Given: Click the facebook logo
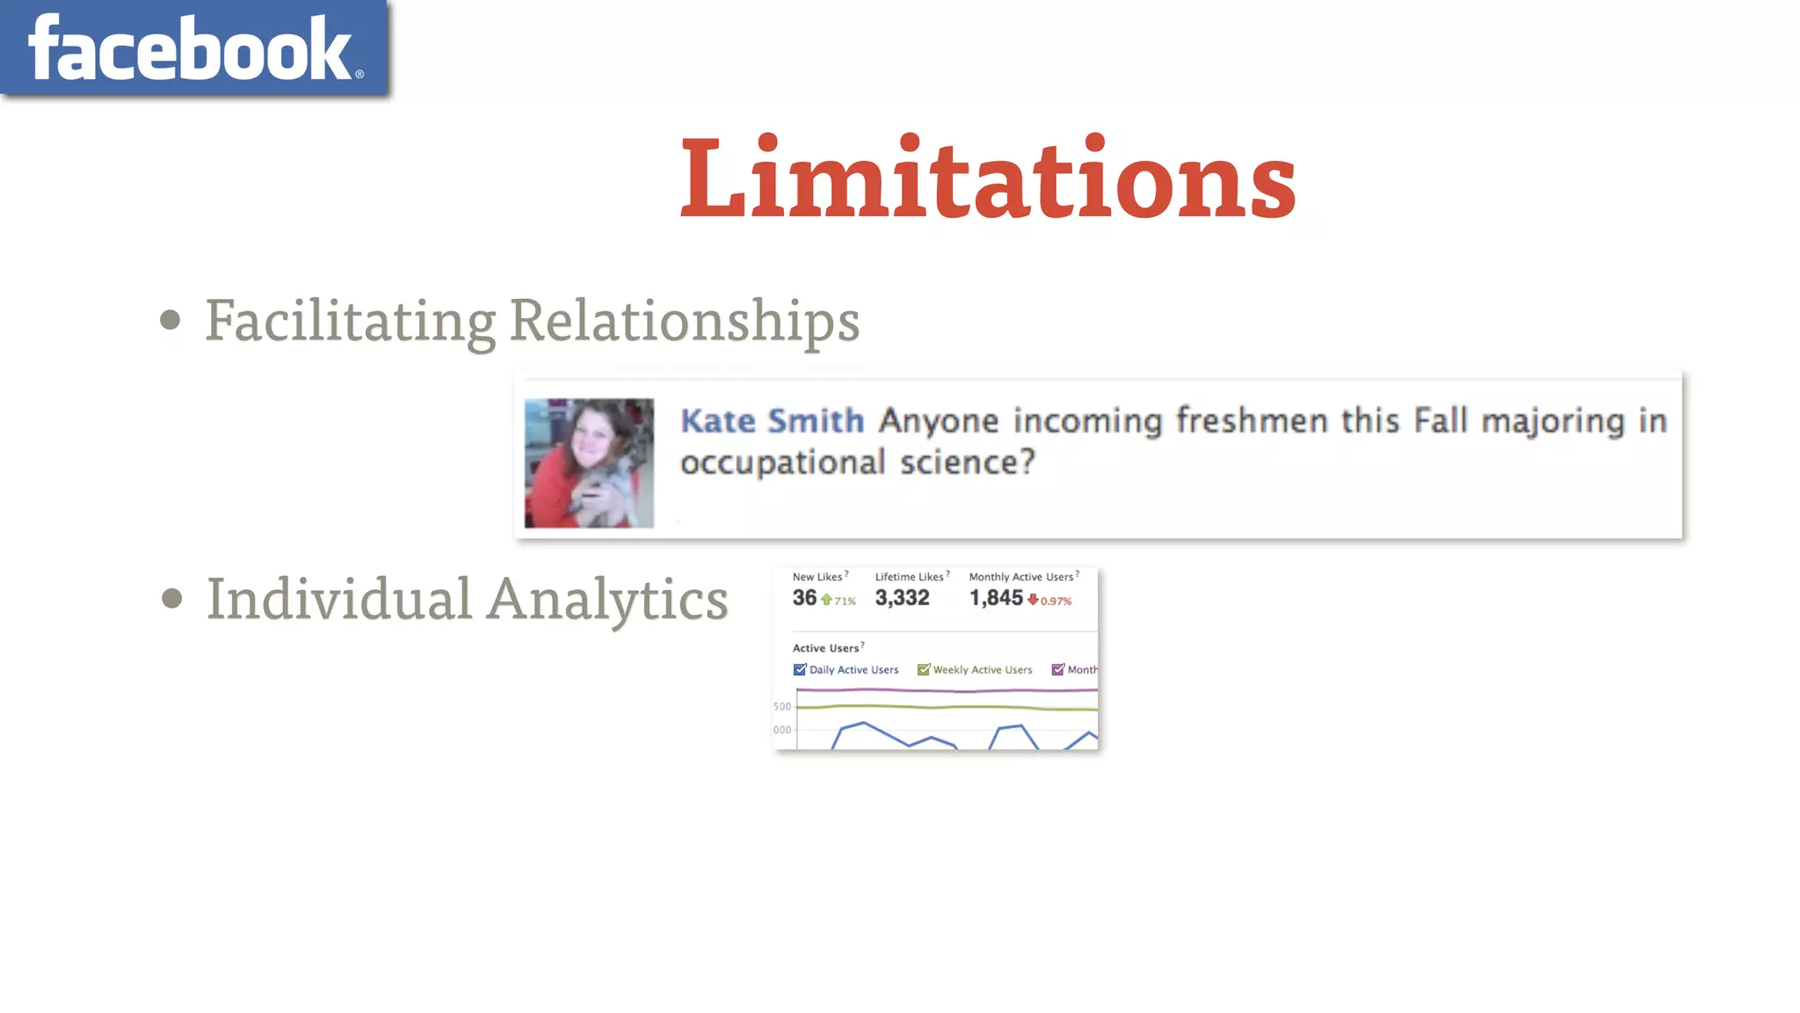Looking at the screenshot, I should click(x=193, y=48).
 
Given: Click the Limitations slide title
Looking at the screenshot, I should click(x=988, y=179).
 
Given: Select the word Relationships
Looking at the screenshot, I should click(x=684, y=322).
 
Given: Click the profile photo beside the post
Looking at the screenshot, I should click(x=589, y=463).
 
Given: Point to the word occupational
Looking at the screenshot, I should click(x=782, y=463).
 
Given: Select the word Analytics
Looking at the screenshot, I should click(x=607, y=601).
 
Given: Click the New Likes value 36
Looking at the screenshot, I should click(x=804, y=598).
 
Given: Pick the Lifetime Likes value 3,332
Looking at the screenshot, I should click(x=902, y=598).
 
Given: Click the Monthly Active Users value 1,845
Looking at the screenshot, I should click(x=996, y=598).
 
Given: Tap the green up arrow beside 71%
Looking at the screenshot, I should click(x=826, y=600).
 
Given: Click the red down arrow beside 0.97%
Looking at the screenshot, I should click(x=1033, y=600).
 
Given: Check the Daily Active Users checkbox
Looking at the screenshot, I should click(x=800, y=670).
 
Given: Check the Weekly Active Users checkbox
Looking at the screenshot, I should click(x=924, y=670).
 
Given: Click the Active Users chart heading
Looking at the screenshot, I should click(x=825, y=648).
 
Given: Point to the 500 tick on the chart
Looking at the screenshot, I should click(x=782, y=706).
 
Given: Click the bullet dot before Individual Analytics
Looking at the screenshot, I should click(x=172, y=599).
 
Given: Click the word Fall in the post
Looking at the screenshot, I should click(x=1441, y=420).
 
